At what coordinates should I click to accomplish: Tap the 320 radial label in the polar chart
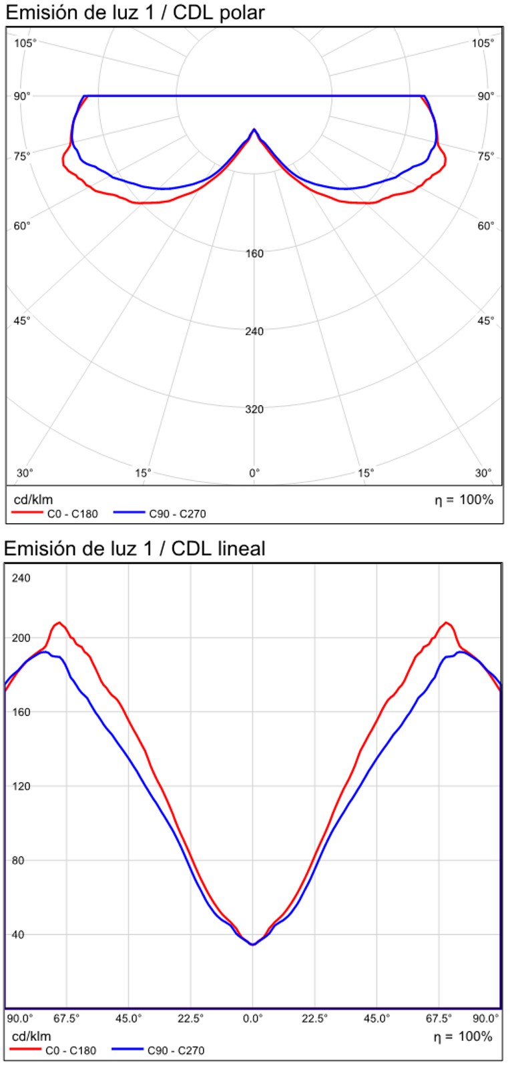click(254, 409)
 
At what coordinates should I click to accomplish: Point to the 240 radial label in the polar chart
click(254, 331)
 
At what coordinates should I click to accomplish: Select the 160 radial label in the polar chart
click(254, 254)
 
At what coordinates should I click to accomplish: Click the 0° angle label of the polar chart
click(254, 473)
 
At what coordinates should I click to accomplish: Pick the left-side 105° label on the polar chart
click(25, 43)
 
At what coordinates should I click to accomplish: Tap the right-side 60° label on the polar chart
click(486, 226)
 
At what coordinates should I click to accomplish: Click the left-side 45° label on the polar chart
click(22, 321)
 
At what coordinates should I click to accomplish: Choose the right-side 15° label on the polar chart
click(366, 473)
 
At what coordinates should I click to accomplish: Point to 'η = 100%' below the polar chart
click(464, 500)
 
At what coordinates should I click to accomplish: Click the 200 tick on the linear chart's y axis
click(21, 638)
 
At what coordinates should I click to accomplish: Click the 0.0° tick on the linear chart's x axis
click(253, 1019)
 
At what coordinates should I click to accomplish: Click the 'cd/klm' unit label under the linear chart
click(31, 1036)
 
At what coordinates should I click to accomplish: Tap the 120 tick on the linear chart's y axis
click(21, 786)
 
